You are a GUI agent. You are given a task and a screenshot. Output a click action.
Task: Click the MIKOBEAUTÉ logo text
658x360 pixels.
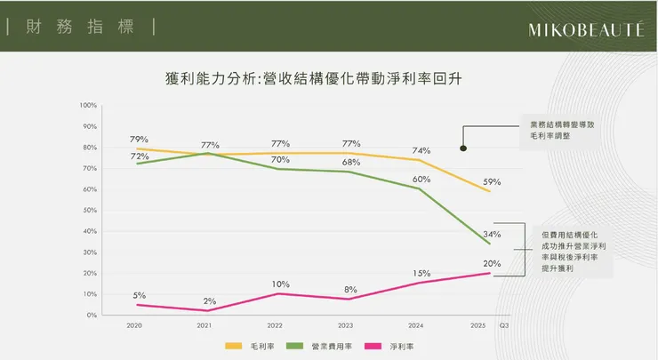click(x=585, y=28)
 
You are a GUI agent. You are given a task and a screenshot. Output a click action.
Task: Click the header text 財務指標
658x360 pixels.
click(x=80, y=26)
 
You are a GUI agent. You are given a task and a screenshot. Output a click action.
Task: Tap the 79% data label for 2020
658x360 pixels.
click(x=139, y=140)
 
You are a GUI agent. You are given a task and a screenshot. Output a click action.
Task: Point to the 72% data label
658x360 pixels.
click(x=139, y=156)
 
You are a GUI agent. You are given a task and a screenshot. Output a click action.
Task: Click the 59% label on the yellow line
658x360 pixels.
click(x=492, y=182)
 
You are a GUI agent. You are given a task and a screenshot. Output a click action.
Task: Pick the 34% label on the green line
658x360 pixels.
click(x=492, y=235)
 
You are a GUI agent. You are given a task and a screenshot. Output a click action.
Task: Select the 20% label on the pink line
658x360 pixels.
click(x=492, y=263)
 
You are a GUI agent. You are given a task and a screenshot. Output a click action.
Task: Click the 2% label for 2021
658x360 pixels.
click(x=209, y=300)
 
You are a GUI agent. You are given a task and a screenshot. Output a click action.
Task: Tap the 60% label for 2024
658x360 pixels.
click(x=421, y=180)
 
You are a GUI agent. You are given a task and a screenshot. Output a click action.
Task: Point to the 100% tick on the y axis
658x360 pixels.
click(x=88, y=105)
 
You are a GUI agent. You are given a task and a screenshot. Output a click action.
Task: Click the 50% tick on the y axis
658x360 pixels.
click(x=90, y=210)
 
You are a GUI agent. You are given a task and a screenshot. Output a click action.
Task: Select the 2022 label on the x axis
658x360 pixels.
click(x=276, y=326)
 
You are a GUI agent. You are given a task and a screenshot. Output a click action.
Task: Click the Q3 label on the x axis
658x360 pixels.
click(x=504, y=326)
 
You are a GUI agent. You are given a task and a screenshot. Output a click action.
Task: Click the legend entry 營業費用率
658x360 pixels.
click(x=327, y=346)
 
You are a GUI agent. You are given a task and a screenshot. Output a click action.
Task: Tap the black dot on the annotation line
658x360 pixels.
click(x=463, y=148)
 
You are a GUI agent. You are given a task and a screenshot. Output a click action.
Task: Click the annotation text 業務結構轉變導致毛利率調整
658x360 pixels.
click(x=562, y=132)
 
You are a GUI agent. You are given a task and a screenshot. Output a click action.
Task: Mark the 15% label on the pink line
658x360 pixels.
click(x=421, y=273)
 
